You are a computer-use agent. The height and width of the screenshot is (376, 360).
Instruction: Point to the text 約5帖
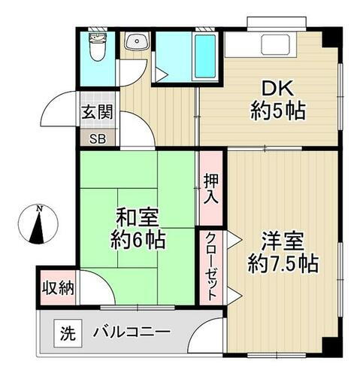[x=277, y=112]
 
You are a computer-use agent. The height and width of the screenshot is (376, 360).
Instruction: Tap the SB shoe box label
[x=98, y=138]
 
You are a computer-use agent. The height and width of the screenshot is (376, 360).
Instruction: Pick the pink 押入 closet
[x=211, y=188]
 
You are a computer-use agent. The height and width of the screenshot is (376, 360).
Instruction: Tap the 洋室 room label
[x=283, y=242]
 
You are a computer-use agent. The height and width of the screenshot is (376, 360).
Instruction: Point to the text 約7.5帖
[x=283, y=265]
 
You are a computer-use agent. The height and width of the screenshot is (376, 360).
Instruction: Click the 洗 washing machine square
[x=67, y=332]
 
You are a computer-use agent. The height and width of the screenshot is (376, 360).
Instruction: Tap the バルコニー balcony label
[x=132, y=332]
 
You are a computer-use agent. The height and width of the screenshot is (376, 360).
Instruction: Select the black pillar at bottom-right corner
[x=331, y=345]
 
